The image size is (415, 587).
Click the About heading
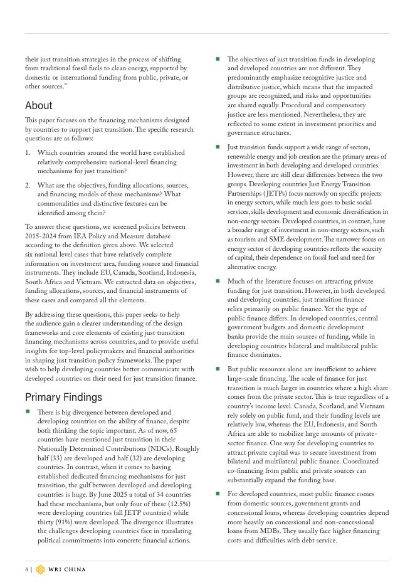click(39, 105)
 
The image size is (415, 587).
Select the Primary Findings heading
click(63, 397)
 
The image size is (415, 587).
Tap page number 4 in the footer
click(27, 569)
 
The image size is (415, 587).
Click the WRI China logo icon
click(41, 569)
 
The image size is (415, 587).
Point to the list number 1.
click(28, 152)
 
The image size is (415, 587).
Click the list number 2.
click(28, 185)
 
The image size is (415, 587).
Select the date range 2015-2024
click(40, 236)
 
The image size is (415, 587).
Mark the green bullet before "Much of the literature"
click(218, 281)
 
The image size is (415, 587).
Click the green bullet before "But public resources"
click(218, 369)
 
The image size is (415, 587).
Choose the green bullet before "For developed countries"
click(218, 494)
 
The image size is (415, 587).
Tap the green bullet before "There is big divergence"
click(28, 411)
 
